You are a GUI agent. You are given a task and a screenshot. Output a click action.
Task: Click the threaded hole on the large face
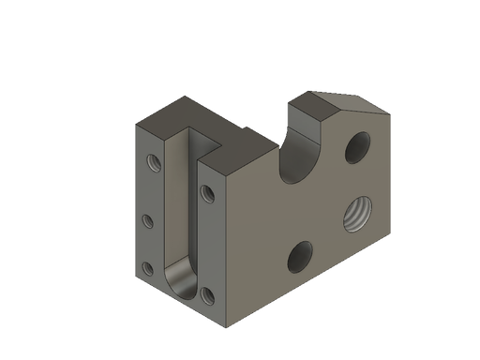[x=356, y=214]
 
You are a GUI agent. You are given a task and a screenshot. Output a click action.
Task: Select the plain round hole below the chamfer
[x=357, y=145]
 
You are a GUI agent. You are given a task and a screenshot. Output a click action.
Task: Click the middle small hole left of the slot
[x=147, y=222]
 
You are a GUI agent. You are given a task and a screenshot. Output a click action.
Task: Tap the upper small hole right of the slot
[x=206, y=193]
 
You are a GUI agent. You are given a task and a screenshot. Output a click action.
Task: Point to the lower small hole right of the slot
[x=206, y=297]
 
